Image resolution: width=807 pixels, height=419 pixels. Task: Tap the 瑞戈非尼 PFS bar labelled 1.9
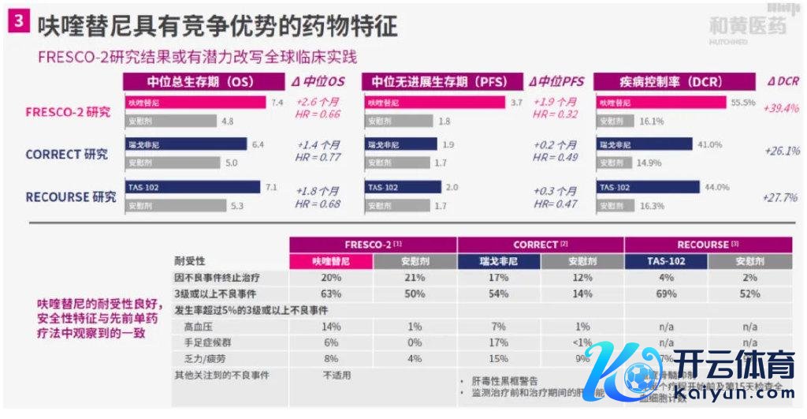(401, 145)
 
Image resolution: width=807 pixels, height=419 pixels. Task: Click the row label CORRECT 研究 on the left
(66, 154)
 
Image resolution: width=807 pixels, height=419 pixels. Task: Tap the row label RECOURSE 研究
(70, 196)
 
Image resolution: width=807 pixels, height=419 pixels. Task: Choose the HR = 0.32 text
(554, 114)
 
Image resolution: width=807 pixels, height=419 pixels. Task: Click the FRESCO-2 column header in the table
(373, 245)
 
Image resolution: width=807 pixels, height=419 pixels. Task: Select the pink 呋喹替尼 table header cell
(331, 261)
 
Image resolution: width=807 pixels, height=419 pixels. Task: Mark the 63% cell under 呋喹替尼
(331, 294)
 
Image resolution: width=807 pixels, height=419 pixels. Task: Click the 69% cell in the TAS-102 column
(666, 294)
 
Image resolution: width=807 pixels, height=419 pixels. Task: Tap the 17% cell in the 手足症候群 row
(499, 342)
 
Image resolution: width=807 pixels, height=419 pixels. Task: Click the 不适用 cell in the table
(337, 375)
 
